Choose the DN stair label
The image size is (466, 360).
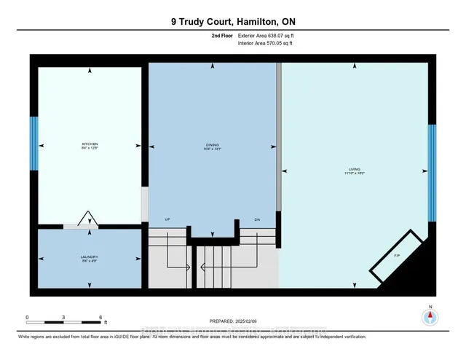(x=257, y=220)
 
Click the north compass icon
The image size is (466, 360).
(x=430, y=316)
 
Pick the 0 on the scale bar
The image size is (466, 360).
(x=27, y=318)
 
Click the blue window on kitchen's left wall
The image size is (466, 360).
(x=33, y=143)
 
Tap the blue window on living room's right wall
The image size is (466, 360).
(x=432, y=173)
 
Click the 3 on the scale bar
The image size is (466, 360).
(x=64, y=318)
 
